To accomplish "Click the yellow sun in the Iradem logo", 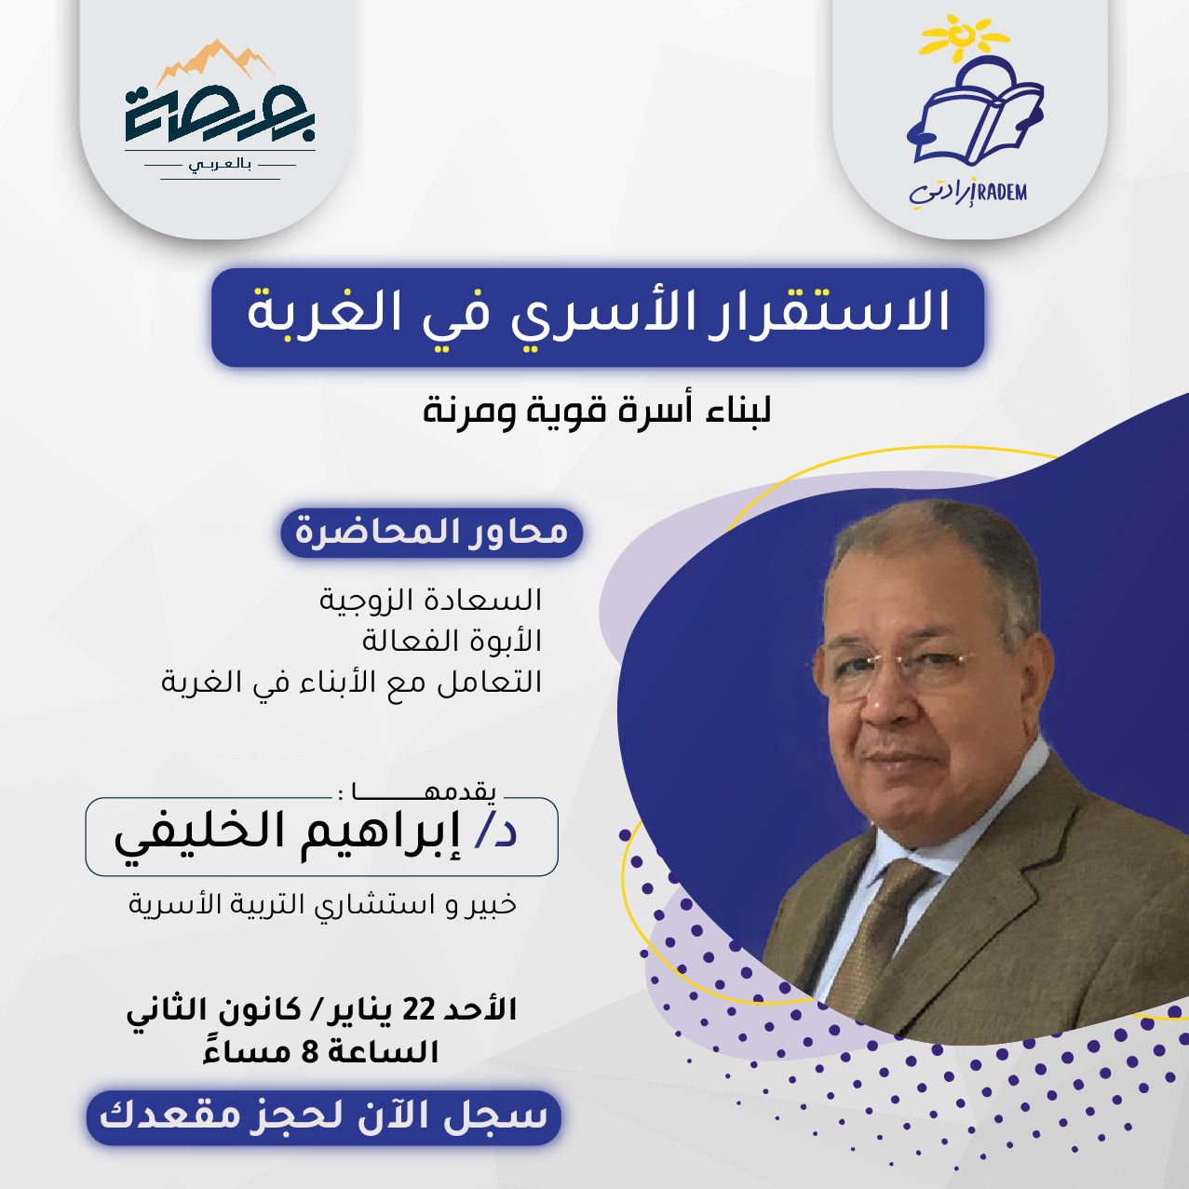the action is pyautogui.click(x=956, y=38).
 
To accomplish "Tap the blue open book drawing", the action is pyautogui.click(x=975, y=111).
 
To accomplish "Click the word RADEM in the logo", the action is pyautogui.click(x=1001, y=192).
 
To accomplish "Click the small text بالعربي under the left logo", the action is pyautogui.click(x=220, y=166).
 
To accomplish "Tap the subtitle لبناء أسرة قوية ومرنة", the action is pyautogui.click(x=597, y=412).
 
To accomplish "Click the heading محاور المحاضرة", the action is pyautogui.click(x=431, y=532).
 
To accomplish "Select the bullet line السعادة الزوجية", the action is pyautogui.click(x=430, y=599).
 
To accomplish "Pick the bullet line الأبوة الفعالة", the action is pyautogui.click(x=452, y=642).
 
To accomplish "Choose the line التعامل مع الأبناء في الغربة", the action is pyautogui.click(x=352, y=682).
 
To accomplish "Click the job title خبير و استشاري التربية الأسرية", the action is pyautogui.click(x=322, y=904).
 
